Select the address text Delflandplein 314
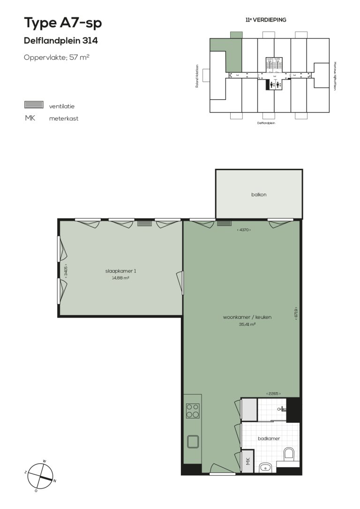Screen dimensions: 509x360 pyautogui.click(x=60, y=41)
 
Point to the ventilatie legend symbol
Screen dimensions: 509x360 pyautogui.click(x=34, y=105)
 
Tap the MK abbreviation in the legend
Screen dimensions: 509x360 pyautogui.click(x=30, y=118)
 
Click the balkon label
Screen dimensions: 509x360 pyautogui.click(x=258, y=195)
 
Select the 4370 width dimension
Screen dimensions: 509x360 pyautogui.click(x=244, y=230)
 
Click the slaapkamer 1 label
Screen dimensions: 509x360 pyautogui.click(x=120, y=271)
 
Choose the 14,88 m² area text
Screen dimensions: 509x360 pyautogui.click(x=120, y=277)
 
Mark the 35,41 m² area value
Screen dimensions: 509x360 pyautogui.click(x=247, y=324)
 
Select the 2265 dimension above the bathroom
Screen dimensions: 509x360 pyautogui.click(x=276, y=394)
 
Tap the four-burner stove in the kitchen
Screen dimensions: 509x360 pyautogui.click(x=193, y=411)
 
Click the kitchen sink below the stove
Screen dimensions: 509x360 pyautogui.click(x=193, y=441)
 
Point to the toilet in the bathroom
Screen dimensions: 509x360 pyautogui.click(x=289, y=453)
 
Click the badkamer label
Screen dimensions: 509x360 pyautogui.click(x=269, y=439)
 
